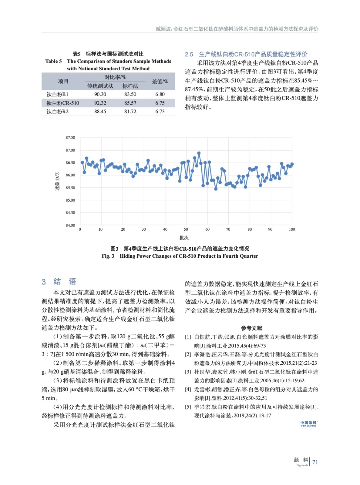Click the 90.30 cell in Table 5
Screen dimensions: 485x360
tap(100, 95)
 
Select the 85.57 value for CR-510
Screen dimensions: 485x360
tap(130, 103)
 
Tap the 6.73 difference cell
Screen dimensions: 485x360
tap(160, 112)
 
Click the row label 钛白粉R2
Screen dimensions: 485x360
tap(58, 112)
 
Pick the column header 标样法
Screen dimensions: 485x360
tap(130, 86)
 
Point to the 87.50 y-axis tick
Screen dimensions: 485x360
tap(70, 138)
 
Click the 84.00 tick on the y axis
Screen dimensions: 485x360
tap(70, 225)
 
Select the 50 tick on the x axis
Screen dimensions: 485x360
tap(186, 229)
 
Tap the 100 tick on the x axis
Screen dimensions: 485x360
tap(292, 229)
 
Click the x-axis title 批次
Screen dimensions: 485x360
tap(184, 238)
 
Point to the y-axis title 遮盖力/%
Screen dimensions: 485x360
tap(57, 181)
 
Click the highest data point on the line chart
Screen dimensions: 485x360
tap(199, 153)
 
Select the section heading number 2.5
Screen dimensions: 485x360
tap(189, 55)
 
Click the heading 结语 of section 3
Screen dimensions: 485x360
tap(65, 282)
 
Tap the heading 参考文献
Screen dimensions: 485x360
tap(251, 328)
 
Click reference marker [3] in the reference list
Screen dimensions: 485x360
tap(188, 372)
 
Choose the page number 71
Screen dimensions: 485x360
tap(315, 462)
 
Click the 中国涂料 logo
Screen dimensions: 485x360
tap(308, 423)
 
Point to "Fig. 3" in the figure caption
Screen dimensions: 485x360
tap(108, 256)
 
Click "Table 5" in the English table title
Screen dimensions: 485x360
tap(54, 62)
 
